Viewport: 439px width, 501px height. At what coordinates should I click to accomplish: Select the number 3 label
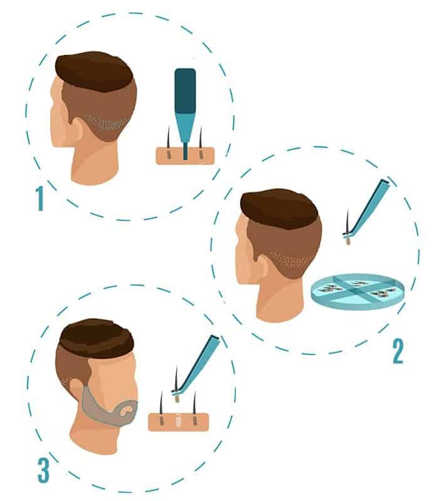point(43,470)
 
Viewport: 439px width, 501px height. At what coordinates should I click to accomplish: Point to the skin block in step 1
point(185,156)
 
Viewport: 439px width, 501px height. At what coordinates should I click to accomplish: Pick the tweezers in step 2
point(370,207)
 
